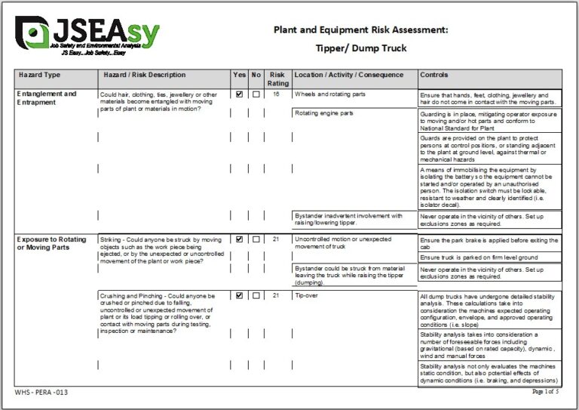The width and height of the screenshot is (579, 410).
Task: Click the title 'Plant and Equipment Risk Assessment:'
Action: pyautogui.click(x=360, y=29)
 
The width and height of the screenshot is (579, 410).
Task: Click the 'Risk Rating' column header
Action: pyautogui.click(x=277, y=79)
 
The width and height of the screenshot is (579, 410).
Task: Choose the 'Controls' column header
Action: pyautogui.click(x=434, y=76)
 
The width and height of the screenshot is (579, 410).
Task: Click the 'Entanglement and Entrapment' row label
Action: pyautogui.click(x=47, y=98)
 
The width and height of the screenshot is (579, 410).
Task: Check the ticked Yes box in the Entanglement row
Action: pyautogui.click(x=240, y=94)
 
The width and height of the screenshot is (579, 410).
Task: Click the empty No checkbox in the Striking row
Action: pyautogui.click(x=256, y=239)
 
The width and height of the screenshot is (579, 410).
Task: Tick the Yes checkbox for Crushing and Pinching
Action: pyautogui.click(x=240, y=295)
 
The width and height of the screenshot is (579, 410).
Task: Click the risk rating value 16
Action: pyautogui.click(x=277, y=94)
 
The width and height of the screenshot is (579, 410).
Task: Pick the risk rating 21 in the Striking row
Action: pyautogui.click(x=277, y=239)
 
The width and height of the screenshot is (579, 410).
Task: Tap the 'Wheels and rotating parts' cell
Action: pyautogui.click(x=329, y=94)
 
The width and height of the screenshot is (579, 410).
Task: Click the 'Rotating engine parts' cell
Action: pyautogui.click(x=323, y=113)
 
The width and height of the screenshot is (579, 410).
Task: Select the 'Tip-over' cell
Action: pyautogui.click(x=305, y=295)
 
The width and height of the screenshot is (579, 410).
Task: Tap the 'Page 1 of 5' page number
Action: pyautogui.click(x=545, y=392)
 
